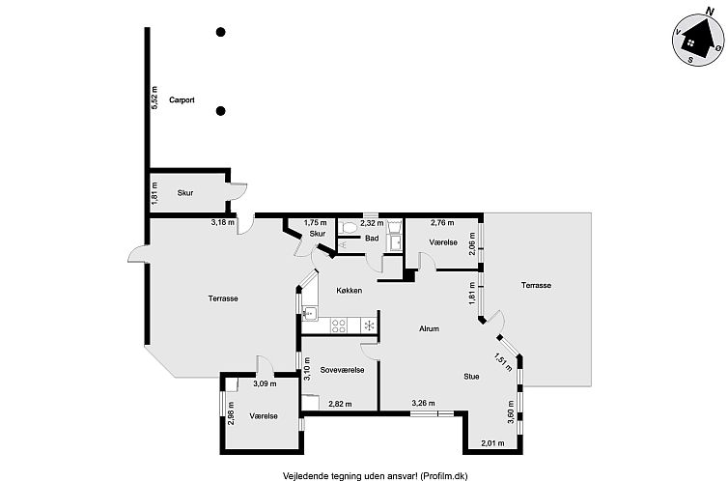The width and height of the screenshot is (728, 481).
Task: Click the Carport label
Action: [x=182, y=99]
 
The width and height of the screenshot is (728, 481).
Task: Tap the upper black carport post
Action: [x=221, y=32]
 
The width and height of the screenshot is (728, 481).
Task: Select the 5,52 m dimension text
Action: [x=154, y=98]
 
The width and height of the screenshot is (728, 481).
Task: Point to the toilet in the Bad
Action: [x=348, y=228]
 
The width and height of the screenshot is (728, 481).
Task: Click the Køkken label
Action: [x=350, y=291]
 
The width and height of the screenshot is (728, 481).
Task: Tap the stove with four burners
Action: [x=338, y=325]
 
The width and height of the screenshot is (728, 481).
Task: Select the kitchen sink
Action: [x=309, y=314]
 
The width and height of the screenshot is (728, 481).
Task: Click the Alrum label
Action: [x=429, y=328]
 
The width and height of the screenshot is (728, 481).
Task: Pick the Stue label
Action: [x=471, y=377]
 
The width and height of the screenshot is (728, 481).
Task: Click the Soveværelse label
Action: [x=342, y=370]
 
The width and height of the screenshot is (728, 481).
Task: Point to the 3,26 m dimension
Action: [x=424, y=403]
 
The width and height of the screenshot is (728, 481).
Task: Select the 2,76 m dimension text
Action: [x=442, y=223]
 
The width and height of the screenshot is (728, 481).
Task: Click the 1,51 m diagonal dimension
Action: [x=503, y=362]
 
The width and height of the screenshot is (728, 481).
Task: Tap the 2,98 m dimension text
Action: [x=231, y=413]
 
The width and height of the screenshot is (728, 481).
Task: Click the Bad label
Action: [x=372, y=239]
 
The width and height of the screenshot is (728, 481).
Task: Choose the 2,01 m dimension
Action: [x=492, y=443]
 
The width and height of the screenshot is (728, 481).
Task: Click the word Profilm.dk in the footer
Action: [x=448, y=476]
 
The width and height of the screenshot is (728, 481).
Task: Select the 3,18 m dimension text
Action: [x=223, y=222]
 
